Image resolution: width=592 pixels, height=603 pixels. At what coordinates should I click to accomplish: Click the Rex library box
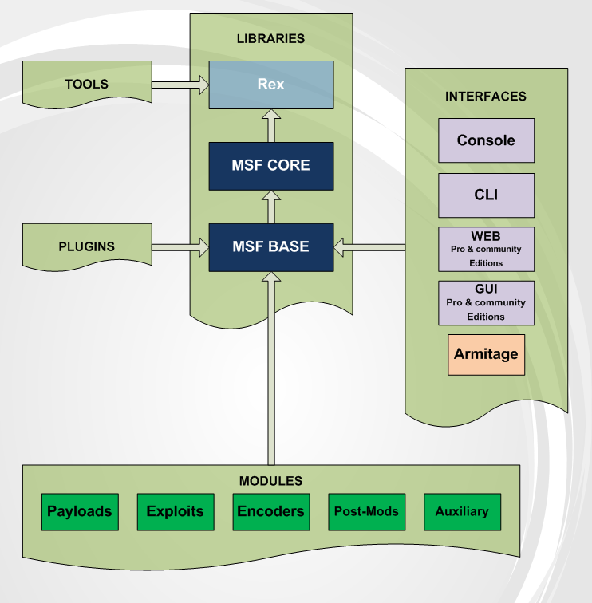270,85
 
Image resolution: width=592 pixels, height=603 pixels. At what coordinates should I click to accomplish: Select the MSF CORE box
270,166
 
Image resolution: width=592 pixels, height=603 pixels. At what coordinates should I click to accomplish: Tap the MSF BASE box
270,247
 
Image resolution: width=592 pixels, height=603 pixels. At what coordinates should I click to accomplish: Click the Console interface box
486,140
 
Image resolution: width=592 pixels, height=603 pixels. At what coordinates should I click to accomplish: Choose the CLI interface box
486,195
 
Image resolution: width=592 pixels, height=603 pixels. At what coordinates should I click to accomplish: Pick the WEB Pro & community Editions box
486,250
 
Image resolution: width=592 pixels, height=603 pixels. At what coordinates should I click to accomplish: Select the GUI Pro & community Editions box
486,303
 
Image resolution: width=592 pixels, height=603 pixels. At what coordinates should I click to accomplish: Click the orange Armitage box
486,354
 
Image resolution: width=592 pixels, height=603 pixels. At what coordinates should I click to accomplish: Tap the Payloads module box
79,512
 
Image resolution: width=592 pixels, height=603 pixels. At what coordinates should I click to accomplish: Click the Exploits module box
175,512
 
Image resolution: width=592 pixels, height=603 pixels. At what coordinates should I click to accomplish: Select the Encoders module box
270,512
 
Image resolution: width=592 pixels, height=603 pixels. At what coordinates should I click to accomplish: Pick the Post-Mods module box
366,512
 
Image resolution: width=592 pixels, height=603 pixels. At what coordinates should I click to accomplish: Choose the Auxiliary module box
462,512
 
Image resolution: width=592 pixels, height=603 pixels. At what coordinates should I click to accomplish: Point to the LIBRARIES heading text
270,38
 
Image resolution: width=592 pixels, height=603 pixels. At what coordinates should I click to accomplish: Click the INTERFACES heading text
486,97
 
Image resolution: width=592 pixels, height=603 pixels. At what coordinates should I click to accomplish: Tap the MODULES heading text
270,481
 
